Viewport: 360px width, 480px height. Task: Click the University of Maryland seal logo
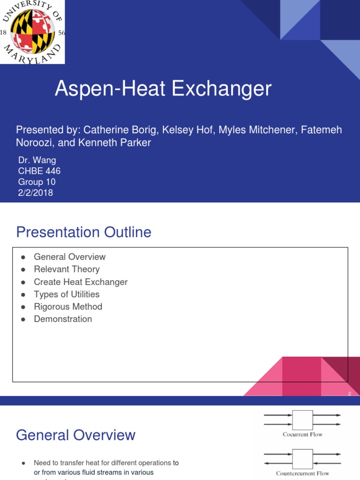[32, 32]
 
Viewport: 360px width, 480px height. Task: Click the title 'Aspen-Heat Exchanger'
[163, 89]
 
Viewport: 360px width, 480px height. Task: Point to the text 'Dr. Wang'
[37, 160]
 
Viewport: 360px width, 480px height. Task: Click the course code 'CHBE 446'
[39, 171]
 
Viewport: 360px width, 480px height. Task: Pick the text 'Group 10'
[37, 182]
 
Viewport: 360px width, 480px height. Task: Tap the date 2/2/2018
[36, 193]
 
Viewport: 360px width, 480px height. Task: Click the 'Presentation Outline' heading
[84, 232]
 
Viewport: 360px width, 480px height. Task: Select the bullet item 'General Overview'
[69, 257]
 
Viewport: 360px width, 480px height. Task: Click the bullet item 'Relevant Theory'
[67, 269]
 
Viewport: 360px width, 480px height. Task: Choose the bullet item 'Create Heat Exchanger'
[81, 282]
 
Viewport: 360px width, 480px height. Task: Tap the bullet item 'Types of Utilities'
[67, 294]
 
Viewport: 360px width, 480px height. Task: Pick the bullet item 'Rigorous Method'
[68, 307]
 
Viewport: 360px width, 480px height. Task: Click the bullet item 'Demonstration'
[63, 319]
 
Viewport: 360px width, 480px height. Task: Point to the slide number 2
[349, 394]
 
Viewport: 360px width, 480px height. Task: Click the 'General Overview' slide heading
[75, 435]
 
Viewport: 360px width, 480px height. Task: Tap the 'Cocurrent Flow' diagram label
[302, 435]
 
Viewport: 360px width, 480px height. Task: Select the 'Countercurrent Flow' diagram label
[302, 473]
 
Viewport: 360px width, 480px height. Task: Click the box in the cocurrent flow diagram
[302, 420]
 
